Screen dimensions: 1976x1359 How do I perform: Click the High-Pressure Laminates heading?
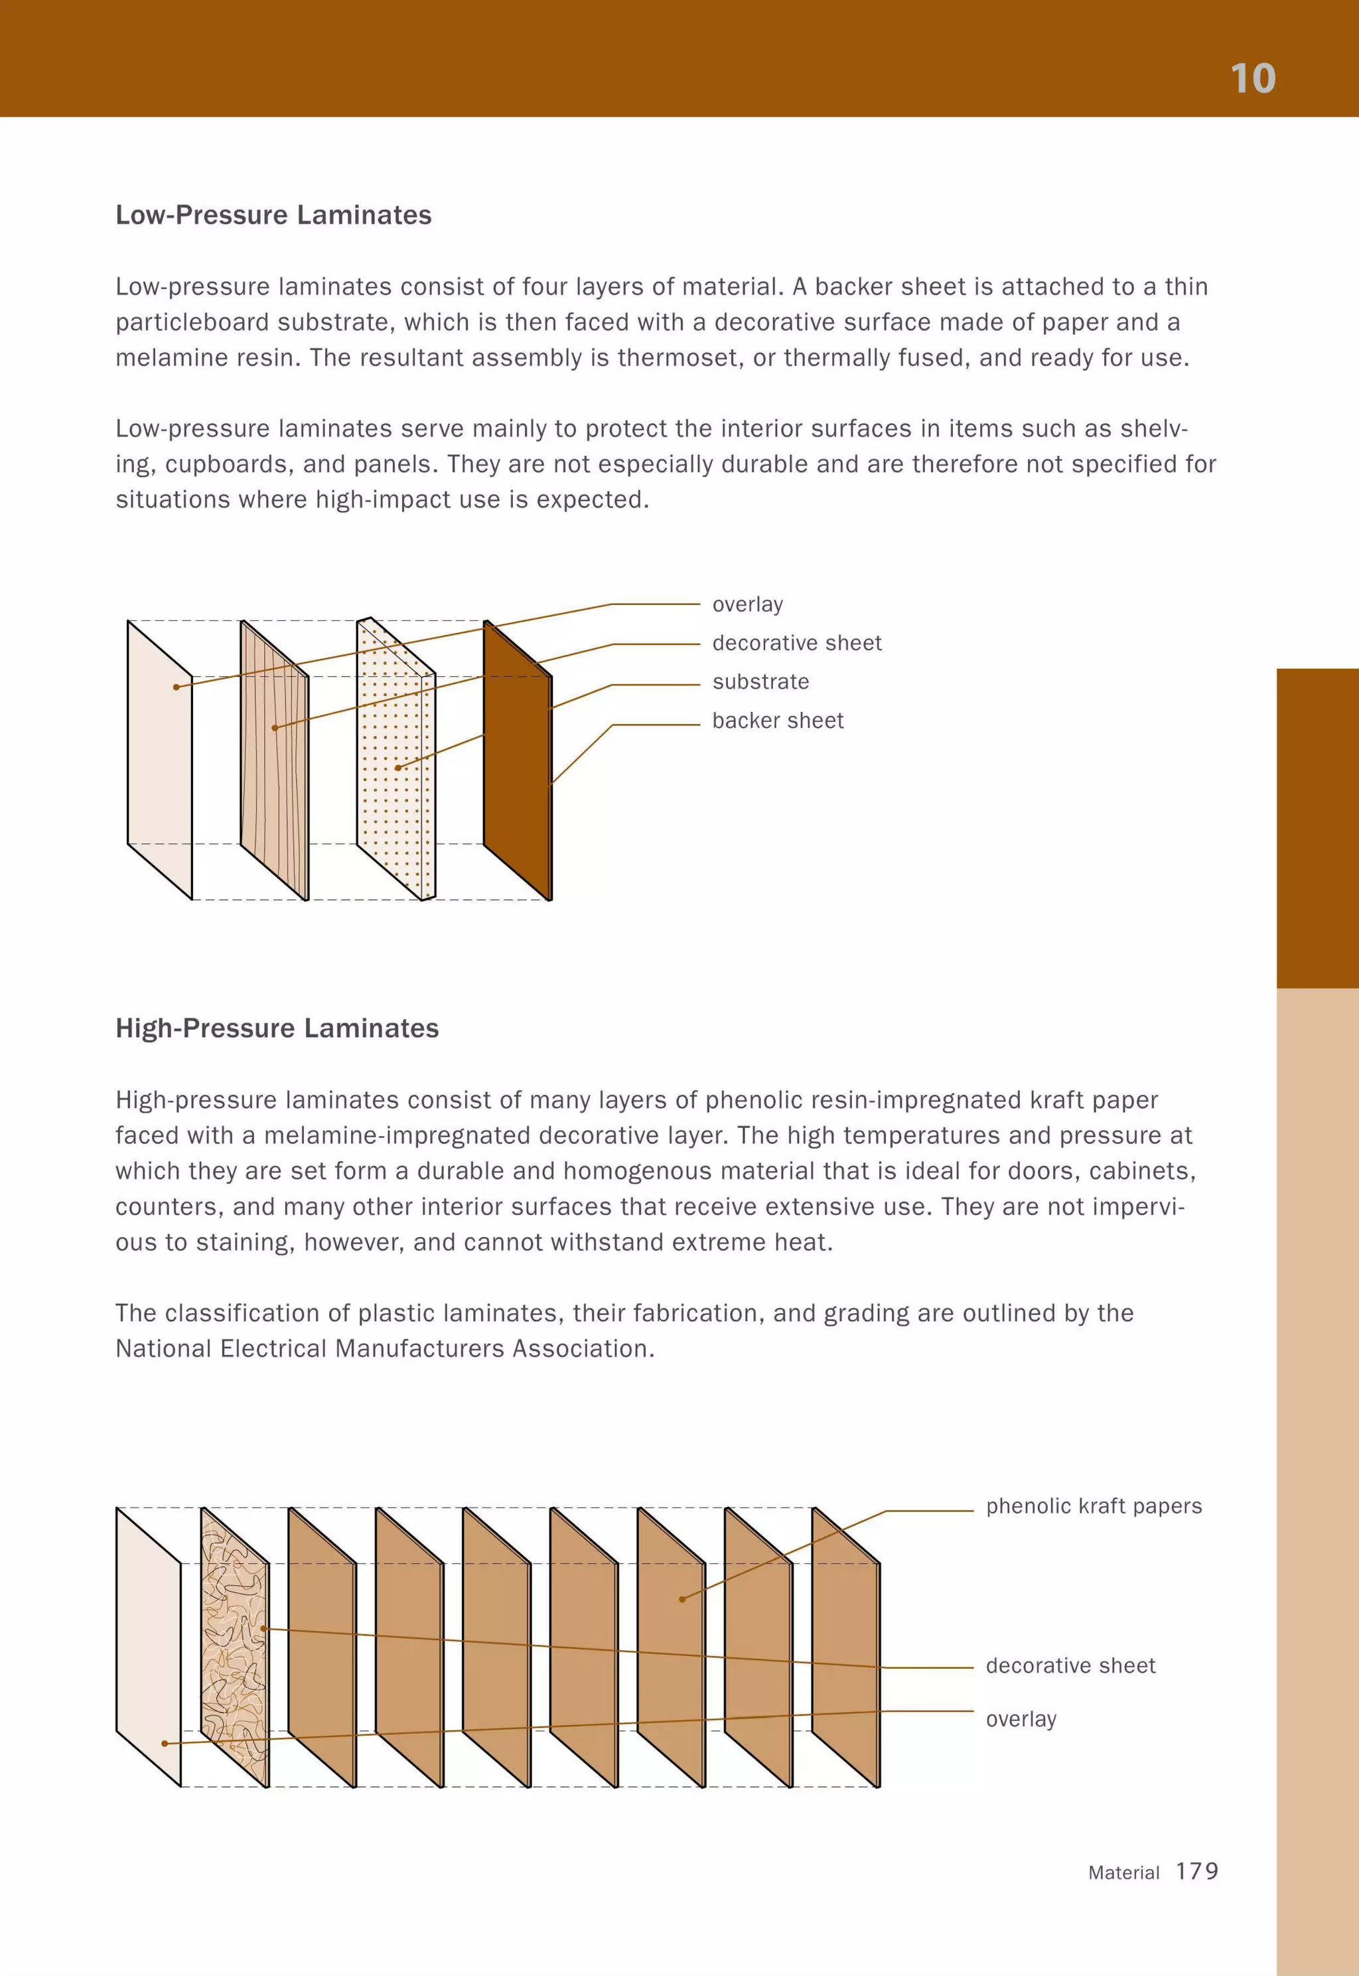(x=277, y=1028)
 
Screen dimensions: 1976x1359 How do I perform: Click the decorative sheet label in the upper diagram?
(x=796, y=643)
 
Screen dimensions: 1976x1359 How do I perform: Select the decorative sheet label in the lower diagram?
(x=1070, y=1665)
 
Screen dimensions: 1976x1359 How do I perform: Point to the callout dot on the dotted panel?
(x=397, y=768)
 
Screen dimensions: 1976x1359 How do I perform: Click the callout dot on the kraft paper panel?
(x=681, y=1599)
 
